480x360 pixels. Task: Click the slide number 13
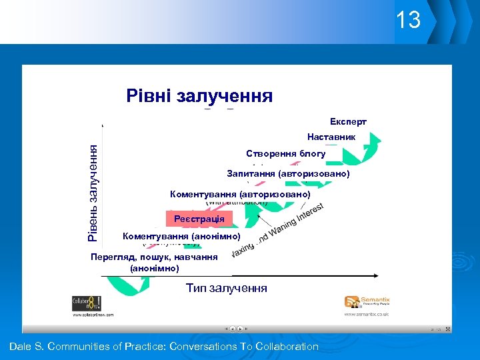(x=408, y=20)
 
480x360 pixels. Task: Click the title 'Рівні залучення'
(x=199, y=96)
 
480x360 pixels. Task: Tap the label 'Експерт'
(x=348, y=122)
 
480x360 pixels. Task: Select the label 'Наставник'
(x=331, y=137)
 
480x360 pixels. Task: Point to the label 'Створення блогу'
(x=285, y=154)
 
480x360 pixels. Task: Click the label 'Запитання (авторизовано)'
(x=288, y=174)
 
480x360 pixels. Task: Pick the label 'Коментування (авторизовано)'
(x=240, y=194)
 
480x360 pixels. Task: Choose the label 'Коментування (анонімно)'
(x=181, y=236)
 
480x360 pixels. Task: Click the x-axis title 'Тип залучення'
(x=226, y=288)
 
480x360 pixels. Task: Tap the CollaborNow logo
(x=87, y=303)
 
